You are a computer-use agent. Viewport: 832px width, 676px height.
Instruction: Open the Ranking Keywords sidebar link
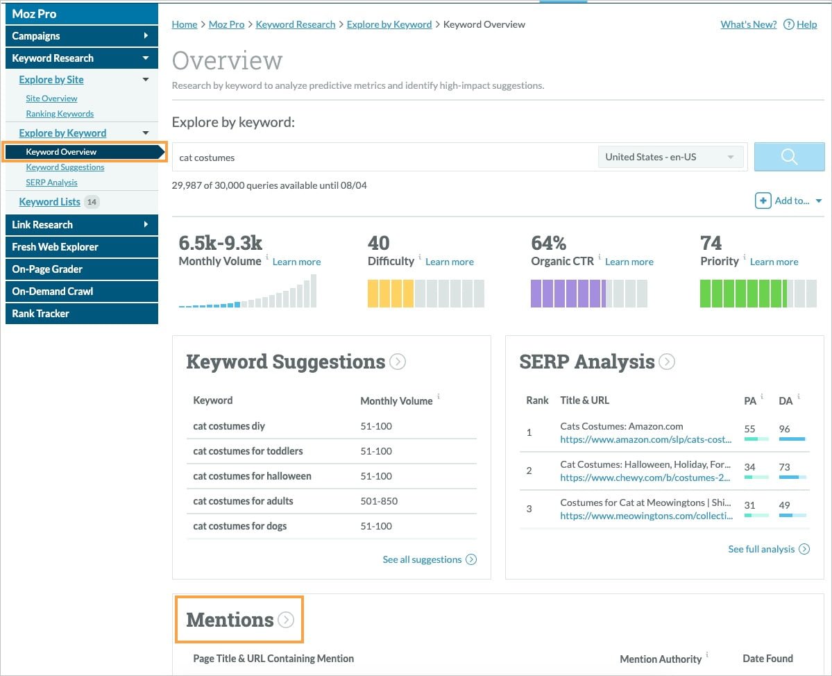coord(60,114)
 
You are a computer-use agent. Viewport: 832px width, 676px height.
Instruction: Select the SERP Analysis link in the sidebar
coord(51,182)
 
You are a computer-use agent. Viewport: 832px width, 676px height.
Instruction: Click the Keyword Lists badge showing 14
coord(92,202)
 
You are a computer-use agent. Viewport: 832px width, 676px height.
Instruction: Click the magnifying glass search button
coord(789,157)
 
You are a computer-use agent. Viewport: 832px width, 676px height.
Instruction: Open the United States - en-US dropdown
coord(670,157)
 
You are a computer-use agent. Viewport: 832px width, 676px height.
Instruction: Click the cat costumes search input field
coord(385,158)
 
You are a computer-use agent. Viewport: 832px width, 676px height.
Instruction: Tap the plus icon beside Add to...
coord(763,201)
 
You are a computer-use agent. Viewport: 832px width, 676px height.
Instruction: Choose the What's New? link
coord(748,24)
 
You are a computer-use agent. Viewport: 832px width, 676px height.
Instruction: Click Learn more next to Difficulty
coord(450,262)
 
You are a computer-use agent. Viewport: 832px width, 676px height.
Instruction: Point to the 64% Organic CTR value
coord(549,243)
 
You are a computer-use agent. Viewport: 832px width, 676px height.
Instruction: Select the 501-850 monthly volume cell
coord(379,501)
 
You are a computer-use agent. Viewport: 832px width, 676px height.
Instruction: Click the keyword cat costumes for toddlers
coord(248,451)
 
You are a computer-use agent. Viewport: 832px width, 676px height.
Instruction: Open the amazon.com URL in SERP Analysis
coord(646,439)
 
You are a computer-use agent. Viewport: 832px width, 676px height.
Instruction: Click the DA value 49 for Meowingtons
coord(784,505)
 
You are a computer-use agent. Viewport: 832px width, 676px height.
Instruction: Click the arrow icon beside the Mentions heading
coord(286,620)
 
